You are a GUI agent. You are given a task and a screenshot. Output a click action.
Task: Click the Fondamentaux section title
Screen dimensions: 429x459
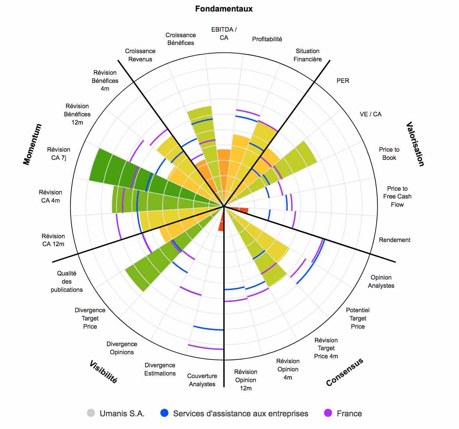224,9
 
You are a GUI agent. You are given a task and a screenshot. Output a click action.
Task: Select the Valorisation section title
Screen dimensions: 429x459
415,144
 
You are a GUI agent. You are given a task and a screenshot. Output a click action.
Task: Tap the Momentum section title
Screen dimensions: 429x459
32,144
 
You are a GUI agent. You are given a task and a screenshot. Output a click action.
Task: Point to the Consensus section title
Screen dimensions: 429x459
344,372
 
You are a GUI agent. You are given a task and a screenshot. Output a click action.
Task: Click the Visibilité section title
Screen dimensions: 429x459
103,371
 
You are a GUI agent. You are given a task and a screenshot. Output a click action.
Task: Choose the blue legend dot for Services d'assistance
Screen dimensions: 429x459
164,413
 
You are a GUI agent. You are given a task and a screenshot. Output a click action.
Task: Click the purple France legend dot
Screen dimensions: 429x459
328,413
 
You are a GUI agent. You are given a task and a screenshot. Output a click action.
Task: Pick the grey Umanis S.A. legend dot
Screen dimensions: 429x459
91,413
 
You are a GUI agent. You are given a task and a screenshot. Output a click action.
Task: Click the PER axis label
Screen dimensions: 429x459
343,81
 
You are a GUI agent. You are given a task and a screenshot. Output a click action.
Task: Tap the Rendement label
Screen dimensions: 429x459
394,240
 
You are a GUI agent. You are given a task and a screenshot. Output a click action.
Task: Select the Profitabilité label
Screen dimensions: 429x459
267,39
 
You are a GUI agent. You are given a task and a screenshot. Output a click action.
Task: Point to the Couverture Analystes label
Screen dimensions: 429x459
202,380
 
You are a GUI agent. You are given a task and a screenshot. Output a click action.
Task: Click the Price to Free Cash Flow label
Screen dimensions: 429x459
397,196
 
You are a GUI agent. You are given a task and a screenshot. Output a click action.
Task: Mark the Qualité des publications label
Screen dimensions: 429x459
67,281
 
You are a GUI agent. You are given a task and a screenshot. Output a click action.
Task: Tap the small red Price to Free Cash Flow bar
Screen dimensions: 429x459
242,210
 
